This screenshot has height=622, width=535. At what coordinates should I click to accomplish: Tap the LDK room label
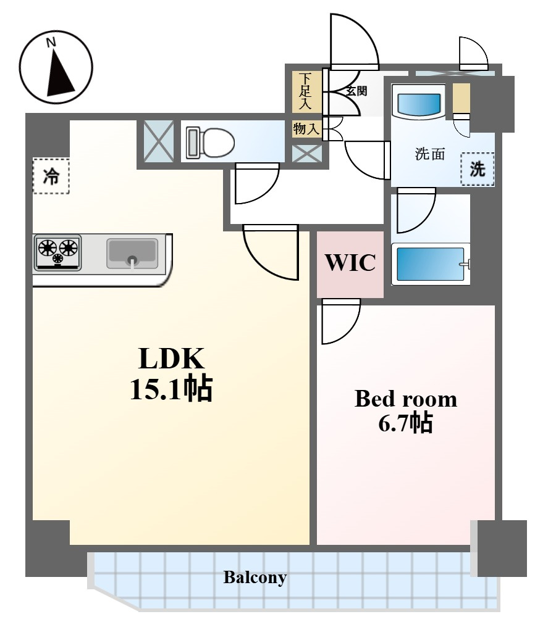(x=171, y=358)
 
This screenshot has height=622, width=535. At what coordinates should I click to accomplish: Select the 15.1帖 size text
(x=171, y=389)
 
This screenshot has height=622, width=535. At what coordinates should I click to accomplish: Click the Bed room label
(x=405, y=399)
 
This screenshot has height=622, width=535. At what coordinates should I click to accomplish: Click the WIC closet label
(x=350, y=263)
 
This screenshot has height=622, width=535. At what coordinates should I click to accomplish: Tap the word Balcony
(x=255, y=578)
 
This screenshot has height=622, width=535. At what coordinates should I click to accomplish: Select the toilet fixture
(x=210, y=141)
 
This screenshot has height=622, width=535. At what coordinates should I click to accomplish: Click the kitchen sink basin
(x=132, y=253)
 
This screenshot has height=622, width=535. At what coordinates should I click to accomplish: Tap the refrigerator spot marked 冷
(x=51, y=176)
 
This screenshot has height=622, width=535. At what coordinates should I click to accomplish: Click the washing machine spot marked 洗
(x=478, y=169)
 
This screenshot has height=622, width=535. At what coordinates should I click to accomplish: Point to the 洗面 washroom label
(x=429, y=154)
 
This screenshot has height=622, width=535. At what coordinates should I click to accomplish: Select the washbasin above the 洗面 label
(x=419, y=102)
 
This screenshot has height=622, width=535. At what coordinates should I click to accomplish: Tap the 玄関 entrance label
(x=356, y=91)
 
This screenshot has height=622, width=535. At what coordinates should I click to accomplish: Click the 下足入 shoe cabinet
(x=306, y=92)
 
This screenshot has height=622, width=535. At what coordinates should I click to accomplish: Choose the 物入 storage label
(x=306, y=130)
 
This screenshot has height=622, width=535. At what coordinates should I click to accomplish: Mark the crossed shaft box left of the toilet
(x=159, y=141)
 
